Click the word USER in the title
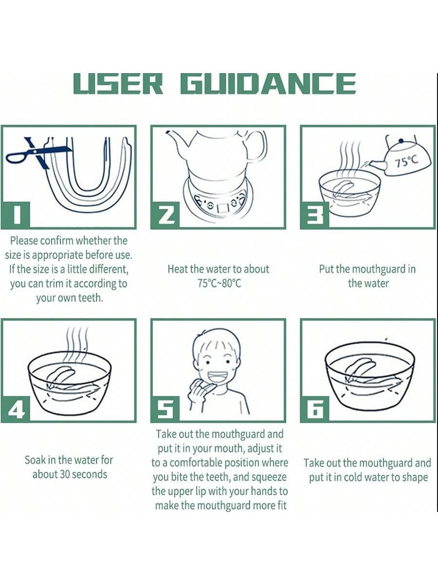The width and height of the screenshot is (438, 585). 118,84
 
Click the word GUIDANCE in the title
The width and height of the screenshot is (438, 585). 268,84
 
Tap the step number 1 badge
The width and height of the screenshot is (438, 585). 16,215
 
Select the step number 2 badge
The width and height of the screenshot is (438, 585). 165,215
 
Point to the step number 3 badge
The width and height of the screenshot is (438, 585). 314,215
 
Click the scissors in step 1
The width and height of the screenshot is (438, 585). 39,153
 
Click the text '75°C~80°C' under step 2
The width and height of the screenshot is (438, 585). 219,283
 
